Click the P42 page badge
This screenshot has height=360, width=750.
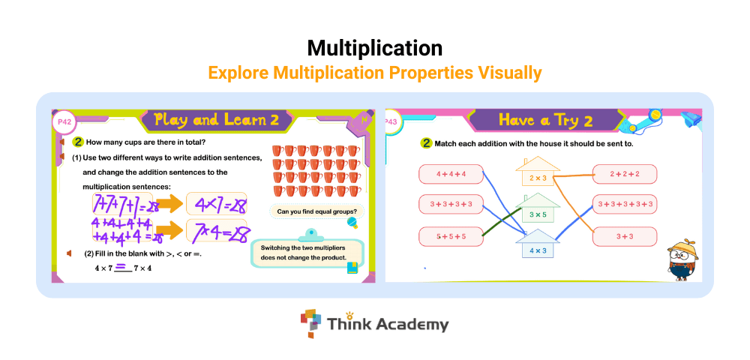pos(64,122)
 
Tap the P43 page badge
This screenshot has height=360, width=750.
pos(391,122)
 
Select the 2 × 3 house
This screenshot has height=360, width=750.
pos(538,172)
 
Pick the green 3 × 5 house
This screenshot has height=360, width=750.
pos(538,208)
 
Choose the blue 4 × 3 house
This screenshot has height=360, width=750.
pos(538,244)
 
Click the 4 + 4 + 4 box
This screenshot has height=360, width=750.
pos(451,174)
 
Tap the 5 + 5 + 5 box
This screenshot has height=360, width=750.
pos(451,237)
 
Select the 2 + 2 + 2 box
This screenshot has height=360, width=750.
pos(625,174)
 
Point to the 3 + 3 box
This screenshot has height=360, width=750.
pos(625,237)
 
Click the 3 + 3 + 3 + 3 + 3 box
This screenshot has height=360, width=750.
pos(625,204)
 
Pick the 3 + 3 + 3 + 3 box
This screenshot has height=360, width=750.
pos(451,204)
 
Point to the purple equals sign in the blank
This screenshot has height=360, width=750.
pos(121,266)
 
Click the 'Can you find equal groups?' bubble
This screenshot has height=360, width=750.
pos(317,211)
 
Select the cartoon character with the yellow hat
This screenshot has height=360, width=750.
pos(682,259)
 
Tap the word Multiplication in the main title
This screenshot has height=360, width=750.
pos(375,48)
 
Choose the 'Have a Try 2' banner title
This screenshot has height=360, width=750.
pos(546,120)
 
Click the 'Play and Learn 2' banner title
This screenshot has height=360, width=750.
pos(216,119)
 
